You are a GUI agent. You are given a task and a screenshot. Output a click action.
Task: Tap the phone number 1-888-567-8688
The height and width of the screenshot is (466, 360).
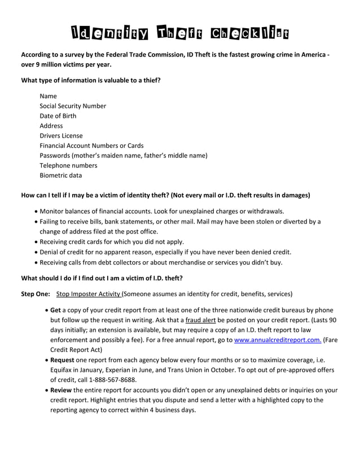pos(109,380)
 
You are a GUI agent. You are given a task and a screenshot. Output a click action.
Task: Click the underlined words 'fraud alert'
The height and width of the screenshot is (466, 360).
pos(201,320)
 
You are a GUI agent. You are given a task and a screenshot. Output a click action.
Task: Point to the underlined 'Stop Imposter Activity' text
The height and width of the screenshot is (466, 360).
pos(89,294)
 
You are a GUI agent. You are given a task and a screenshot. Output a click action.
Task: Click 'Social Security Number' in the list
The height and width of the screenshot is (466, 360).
pos(73,106)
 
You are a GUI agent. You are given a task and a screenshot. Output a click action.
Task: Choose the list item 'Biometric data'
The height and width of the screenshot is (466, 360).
pos(60,175)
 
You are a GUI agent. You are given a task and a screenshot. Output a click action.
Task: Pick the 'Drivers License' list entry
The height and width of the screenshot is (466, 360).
pos(61,136)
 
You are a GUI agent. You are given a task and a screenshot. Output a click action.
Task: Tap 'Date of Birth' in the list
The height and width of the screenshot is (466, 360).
pos(58,116)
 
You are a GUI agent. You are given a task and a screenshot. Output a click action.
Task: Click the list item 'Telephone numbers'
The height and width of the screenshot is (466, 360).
pos(68,165)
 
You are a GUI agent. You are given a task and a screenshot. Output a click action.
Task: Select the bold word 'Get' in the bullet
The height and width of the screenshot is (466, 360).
pos(55,310)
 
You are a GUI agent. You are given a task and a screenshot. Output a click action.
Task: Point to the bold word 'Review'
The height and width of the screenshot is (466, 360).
pos(61,390)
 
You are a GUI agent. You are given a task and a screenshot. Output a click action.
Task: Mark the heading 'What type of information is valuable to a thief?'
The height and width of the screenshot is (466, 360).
pos(91,81)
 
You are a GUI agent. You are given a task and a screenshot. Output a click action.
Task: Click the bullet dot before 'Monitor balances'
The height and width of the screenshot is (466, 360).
pos(36,212)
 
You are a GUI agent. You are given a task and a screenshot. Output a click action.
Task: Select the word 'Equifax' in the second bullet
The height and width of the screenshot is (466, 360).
pos(63,370)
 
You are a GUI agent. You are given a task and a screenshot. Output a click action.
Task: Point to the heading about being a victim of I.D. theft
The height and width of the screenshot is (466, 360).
pos(102,278)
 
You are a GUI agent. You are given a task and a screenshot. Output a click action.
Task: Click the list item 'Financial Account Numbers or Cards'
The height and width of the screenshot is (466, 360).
pos(91,146)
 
